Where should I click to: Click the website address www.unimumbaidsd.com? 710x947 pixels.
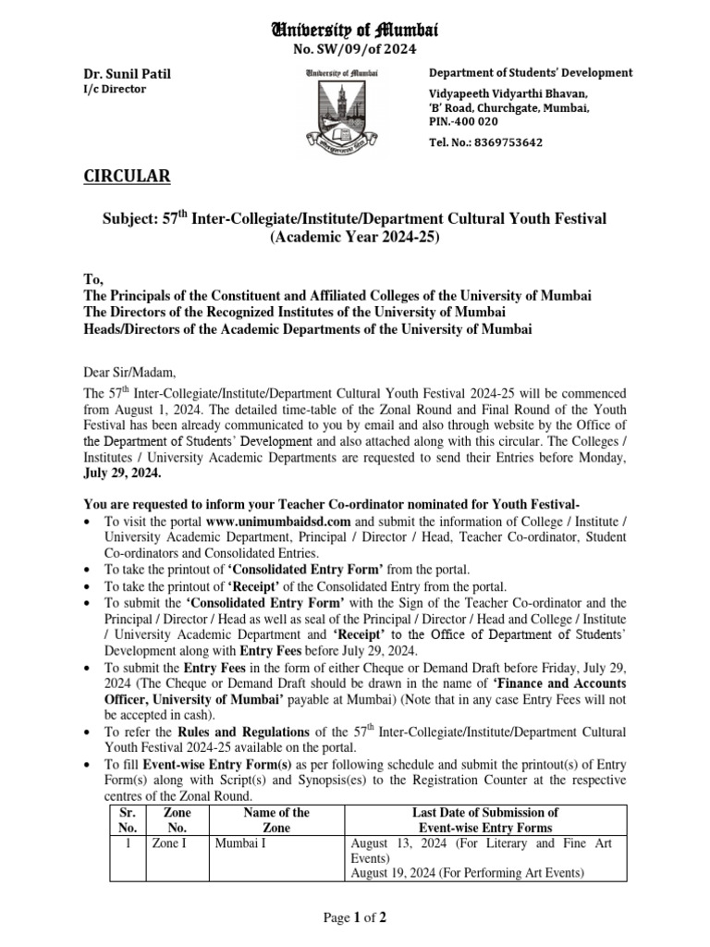tap(278, 522)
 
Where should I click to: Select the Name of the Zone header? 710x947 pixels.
tap(275, 820)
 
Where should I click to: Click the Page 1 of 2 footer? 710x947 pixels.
tap(354, 917)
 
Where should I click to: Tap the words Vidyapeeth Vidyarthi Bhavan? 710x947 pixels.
tap(508, 94)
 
